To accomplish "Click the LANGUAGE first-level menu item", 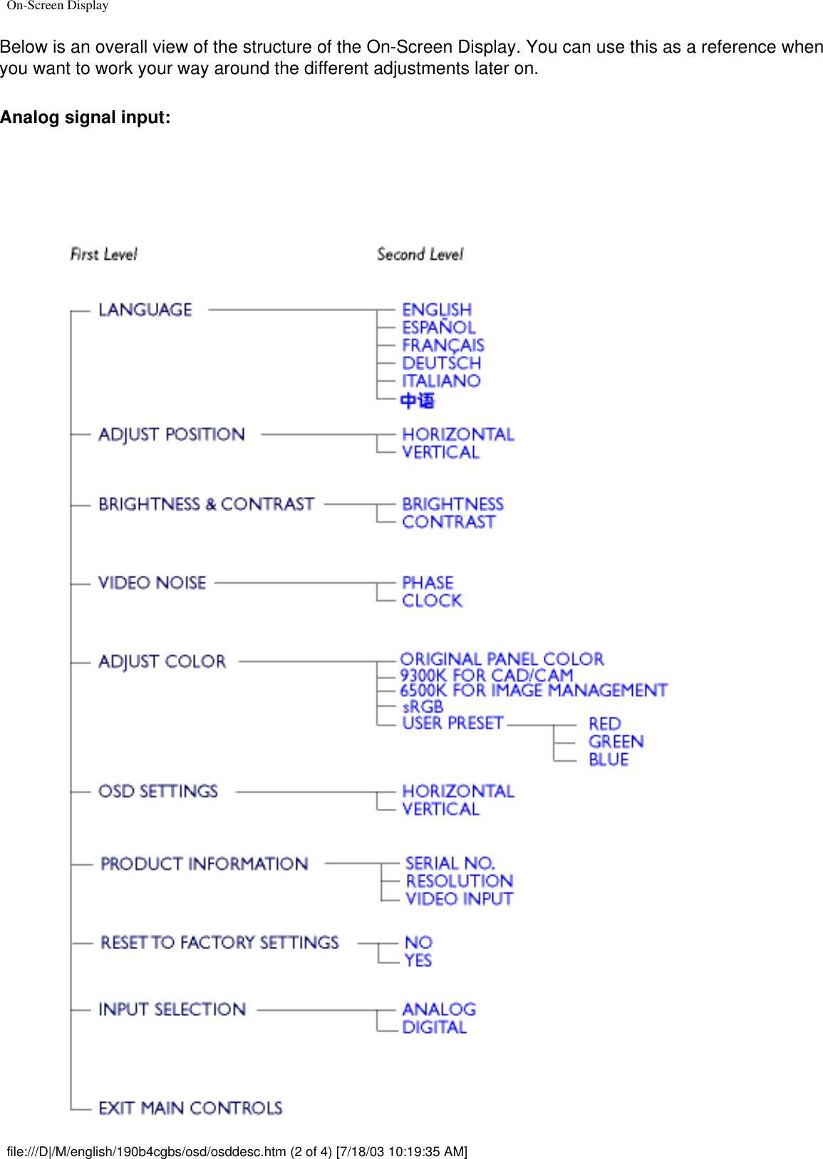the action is pos(145,310).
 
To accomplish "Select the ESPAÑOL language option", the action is pos(438,327).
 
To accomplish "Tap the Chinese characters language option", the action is pos(418,401).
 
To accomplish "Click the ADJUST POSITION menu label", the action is pos(172,434).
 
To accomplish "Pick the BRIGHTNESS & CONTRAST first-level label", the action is pos(206,504).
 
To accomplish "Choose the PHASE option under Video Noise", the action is pos(428,582).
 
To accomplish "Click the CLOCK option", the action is pos(432,601).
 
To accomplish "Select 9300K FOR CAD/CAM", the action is pos(486,674).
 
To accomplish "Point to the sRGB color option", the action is pos(423,707).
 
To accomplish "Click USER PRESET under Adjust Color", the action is pos(452,723).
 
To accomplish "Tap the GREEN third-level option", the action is pos(616,742).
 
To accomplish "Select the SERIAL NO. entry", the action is pos(450,864).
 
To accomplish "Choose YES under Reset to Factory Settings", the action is pos(418,960).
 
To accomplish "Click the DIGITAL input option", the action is pos(434,1027).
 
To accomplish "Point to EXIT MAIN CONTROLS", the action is pos(190,1108).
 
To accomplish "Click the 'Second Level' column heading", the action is pos(420,254).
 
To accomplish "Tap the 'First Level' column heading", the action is pos(103,254).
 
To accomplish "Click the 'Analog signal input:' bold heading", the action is pos(86,117).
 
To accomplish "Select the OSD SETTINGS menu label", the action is pos(158,792).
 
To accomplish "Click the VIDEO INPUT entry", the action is pos(459,899).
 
